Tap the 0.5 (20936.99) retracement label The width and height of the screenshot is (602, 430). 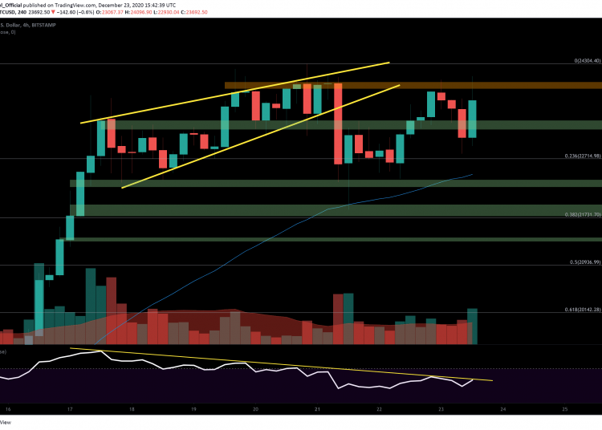point(579,262)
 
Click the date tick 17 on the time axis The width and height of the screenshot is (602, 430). point(70,408)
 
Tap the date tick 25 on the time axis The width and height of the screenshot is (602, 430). point(565,408)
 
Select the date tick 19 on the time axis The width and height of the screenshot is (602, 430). point(193,408)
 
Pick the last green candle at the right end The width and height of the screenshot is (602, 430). point(473,118)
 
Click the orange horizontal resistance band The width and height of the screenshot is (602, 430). point(401,84)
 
